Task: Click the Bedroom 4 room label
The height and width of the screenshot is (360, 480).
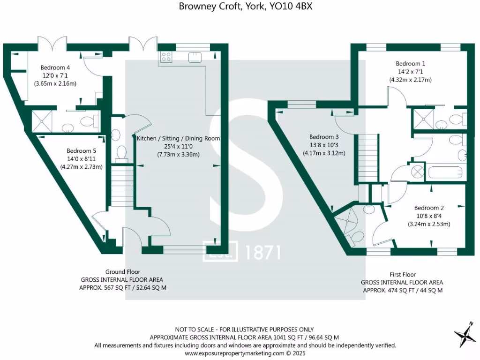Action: click(x=55, y=67)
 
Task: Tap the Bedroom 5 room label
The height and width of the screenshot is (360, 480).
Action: click(x=81, y=151)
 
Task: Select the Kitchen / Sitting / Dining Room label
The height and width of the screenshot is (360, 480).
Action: click(x=178, y=139)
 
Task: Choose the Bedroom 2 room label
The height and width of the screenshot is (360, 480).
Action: click(x=429, y=208)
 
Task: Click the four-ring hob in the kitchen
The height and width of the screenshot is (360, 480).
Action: click(x=166, y=57)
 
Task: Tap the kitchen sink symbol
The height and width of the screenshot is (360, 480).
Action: click(x=195, y=58)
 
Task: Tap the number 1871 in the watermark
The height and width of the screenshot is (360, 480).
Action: click(x=262, y=252)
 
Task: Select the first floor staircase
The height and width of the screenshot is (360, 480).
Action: click(x=368, y=157)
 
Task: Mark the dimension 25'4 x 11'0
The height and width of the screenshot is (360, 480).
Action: click(x=178, y=147)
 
